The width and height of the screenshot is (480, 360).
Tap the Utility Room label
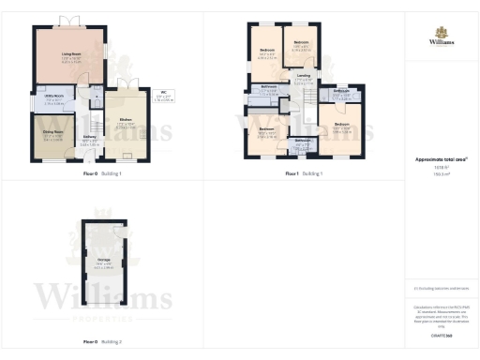52,97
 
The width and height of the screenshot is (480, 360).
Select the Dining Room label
52,132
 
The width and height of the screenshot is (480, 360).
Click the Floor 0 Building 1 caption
102,174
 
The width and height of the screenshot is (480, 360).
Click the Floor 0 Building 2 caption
102,343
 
